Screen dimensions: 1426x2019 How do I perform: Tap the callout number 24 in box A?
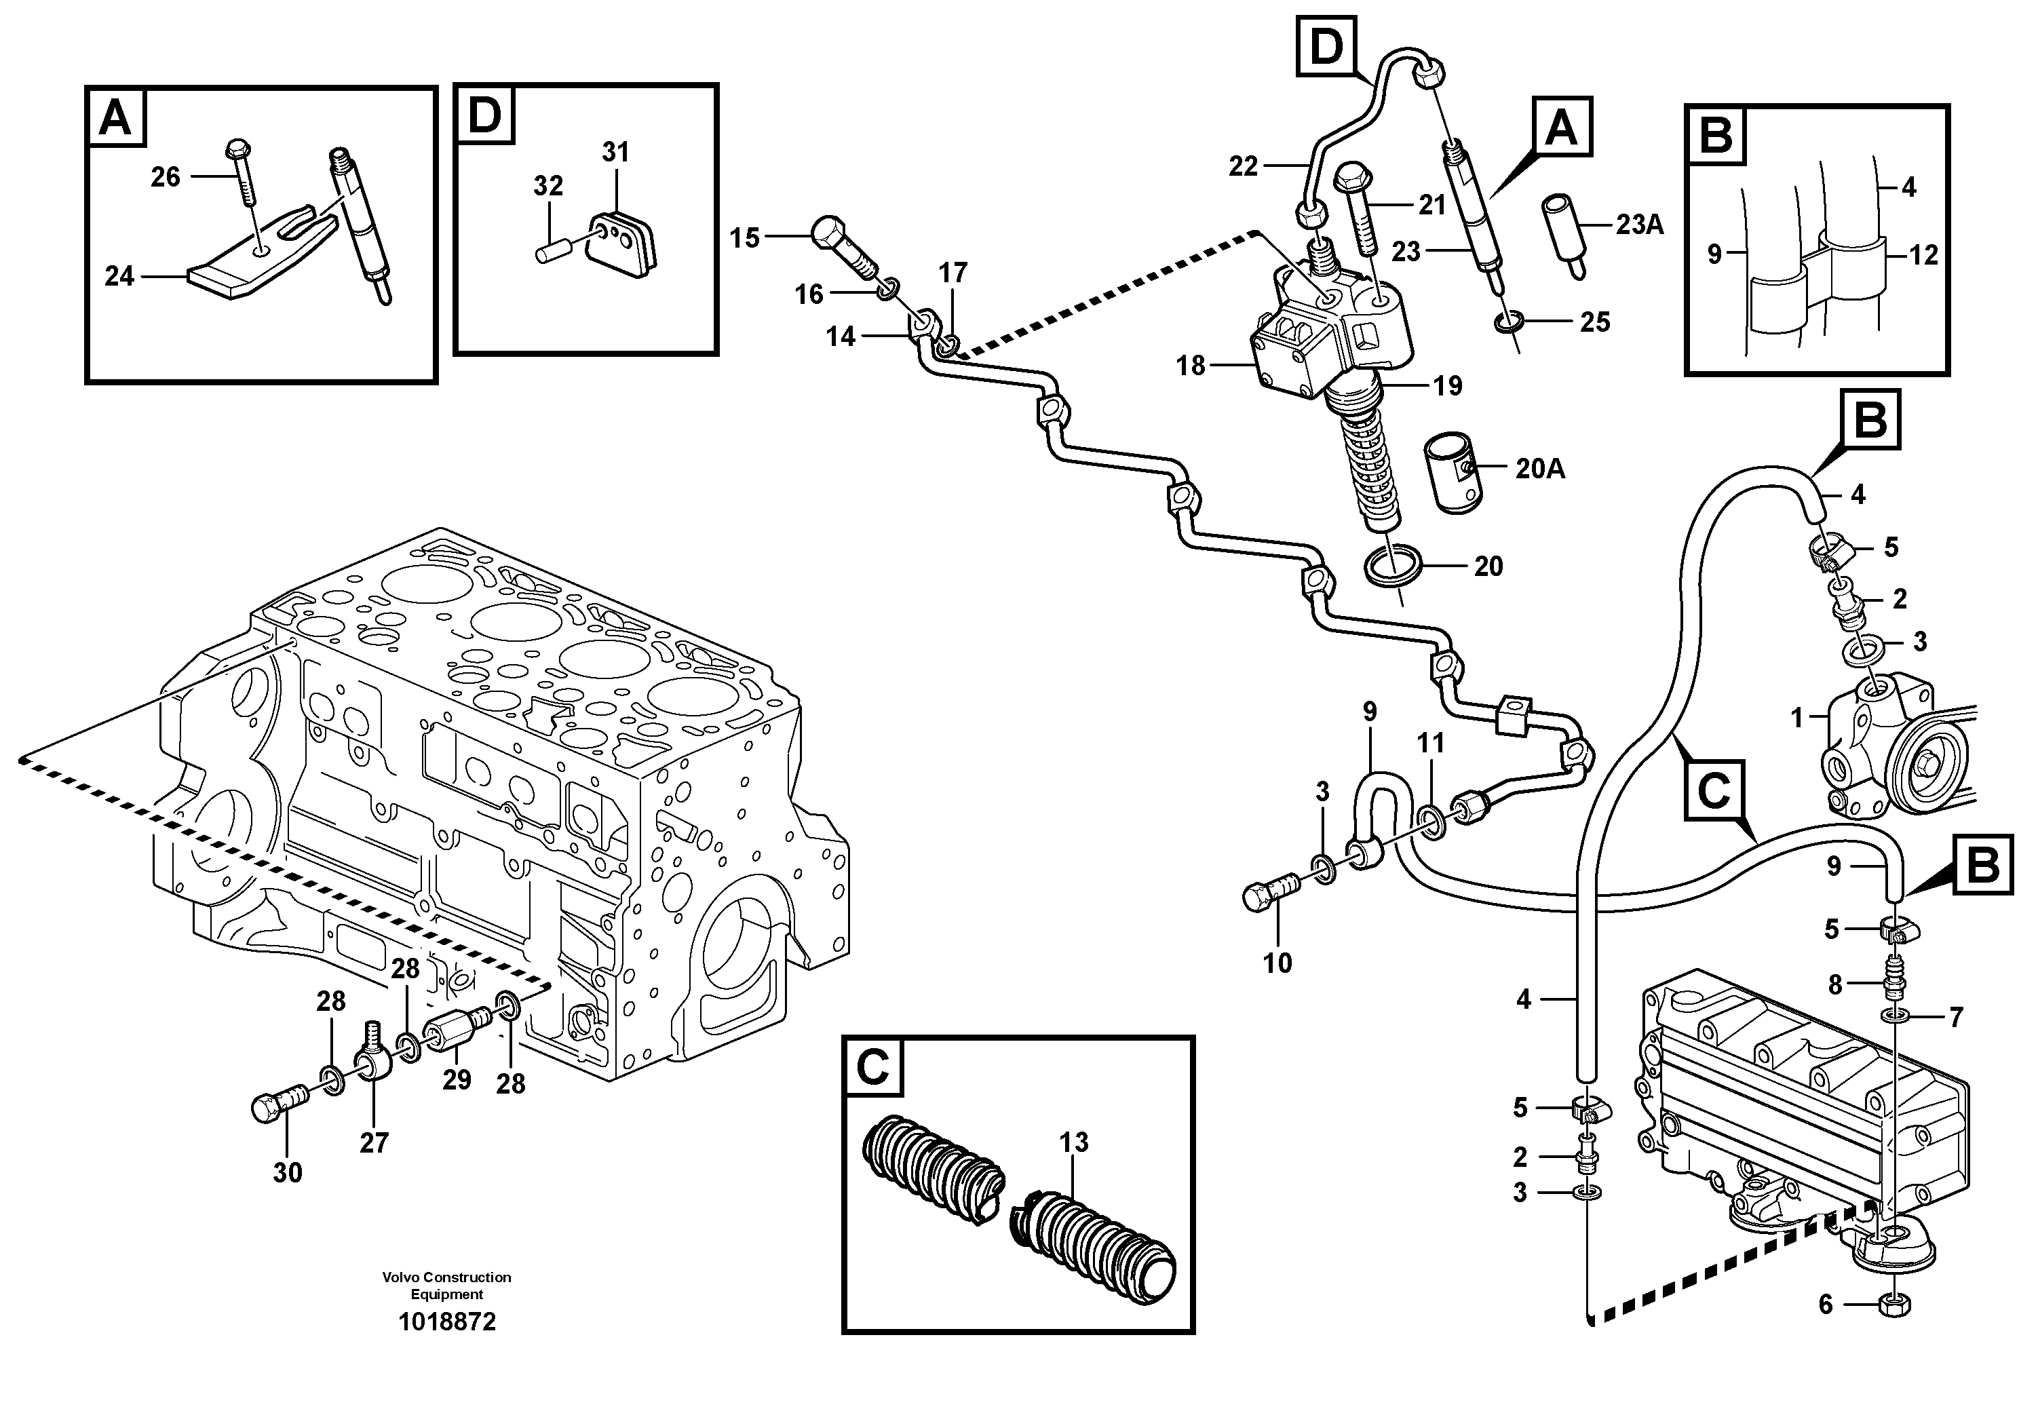click(x=119, y=276)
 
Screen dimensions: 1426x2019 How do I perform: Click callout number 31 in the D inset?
click(x=615, y=152)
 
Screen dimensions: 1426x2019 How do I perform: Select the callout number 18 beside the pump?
click(x=1191, y=365)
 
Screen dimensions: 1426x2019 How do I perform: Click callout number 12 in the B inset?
click(x=1923, y=255)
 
